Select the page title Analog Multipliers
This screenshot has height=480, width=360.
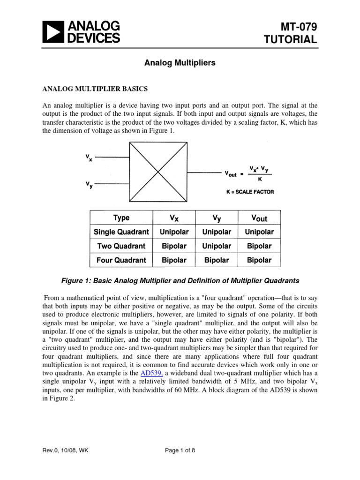pyautogui.click(x=180, y=62)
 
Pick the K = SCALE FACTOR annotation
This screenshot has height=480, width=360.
pyautogui.click(x=249, y=192)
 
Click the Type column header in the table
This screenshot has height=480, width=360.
pyautogui.click(x=121, y=218)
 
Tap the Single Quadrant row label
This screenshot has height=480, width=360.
pyautogui.click(x=121, y=232)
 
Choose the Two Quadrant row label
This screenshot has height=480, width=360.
pyautogui.click(x=121, y=246)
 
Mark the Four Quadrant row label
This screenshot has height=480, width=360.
pyautogui.click(x=121, y=260)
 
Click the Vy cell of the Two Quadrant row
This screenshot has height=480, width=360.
pyautogui.click(x=217, y=246)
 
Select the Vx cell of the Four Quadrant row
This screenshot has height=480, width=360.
pyautogui.click(x=173, y=260)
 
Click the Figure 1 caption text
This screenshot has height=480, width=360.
pyautogui.click(x=180, y=281)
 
